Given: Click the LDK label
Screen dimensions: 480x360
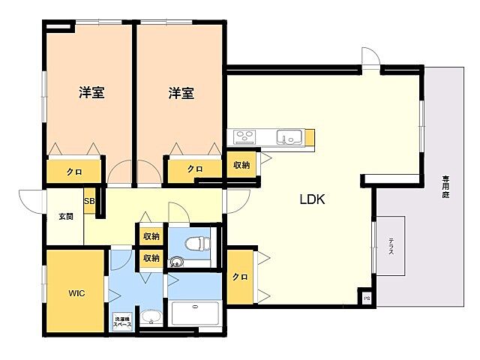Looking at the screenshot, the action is [312, 199].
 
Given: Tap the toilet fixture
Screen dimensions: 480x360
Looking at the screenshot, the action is [197, 244].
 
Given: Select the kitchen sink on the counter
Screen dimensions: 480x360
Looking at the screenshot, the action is [289, 136].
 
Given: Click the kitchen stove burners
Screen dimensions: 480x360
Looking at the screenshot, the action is [244, 136].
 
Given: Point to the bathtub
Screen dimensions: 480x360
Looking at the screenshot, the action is [195, 313].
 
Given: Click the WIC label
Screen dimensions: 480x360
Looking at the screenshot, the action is [76, 293].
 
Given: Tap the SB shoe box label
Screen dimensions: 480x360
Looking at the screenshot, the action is [89, 201].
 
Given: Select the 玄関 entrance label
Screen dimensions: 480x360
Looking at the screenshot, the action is [66, 217].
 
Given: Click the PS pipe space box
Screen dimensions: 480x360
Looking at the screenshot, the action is [367, 298].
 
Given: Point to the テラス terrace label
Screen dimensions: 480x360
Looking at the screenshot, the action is [391, 247].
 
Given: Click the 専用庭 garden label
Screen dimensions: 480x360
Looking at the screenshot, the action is [445, 187].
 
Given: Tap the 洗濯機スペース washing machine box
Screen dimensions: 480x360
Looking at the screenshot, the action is [122, 322].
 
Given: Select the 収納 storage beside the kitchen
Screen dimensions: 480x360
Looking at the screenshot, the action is [241, 165].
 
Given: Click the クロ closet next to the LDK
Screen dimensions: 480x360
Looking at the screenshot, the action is [240, 277].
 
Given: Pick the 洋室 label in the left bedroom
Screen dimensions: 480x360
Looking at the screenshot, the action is [91, 92].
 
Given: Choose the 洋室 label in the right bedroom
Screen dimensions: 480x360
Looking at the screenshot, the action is [181, 93].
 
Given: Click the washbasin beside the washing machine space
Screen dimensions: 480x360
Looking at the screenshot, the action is [151, 317].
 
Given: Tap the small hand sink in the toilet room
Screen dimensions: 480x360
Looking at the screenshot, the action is [176, 262].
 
